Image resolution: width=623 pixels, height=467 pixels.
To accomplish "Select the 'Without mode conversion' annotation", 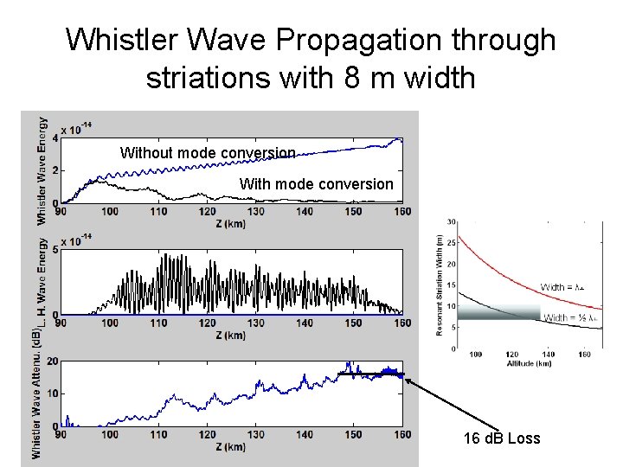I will coord(208,153).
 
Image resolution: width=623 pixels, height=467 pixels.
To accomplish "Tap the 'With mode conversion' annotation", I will coord(316,184).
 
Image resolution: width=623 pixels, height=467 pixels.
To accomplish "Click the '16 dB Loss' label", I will coord(502,438).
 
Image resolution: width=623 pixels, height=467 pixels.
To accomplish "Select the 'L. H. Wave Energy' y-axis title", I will coord(42,281).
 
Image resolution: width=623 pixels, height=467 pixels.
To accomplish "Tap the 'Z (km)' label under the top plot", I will coord(232,223).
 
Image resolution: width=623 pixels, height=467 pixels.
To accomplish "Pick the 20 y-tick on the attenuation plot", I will coord(54,361).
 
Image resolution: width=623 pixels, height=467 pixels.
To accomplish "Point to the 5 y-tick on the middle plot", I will coord(56,250).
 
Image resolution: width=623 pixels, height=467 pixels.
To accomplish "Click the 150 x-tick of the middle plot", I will coord(354,323).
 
